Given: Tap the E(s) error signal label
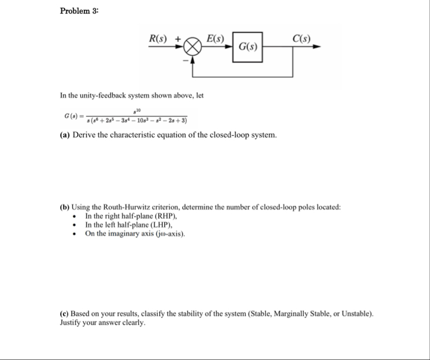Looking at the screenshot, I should pyautogui.click(x=215, y=39).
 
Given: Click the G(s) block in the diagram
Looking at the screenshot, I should pyautogui.click(x=248, y=47).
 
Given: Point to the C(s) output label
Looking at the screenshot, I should pyautogui.click(x=302, y=39).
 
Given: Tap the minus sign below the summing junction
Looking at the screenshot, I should pyautogui.click(x=187, y=60).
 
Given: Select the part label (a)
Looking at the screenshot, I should pyautogui.click(x=65, y=135).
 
